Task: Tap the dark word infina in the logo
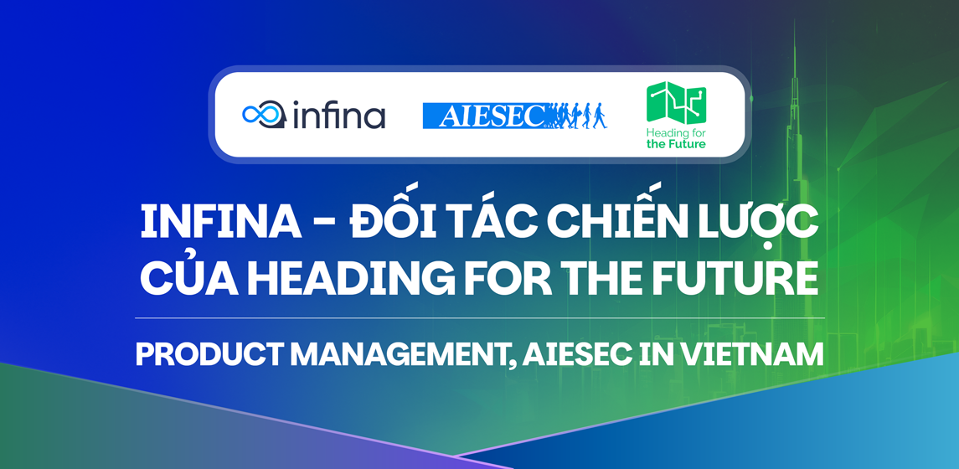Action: coord(338,115)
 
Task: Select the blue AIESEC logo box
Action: coord(484,116)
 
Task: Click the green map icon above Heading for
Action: coord(676,103)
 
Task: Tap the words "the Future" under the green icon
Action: coord(676,144)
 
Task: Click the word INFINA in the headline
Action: coord(221,222)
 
